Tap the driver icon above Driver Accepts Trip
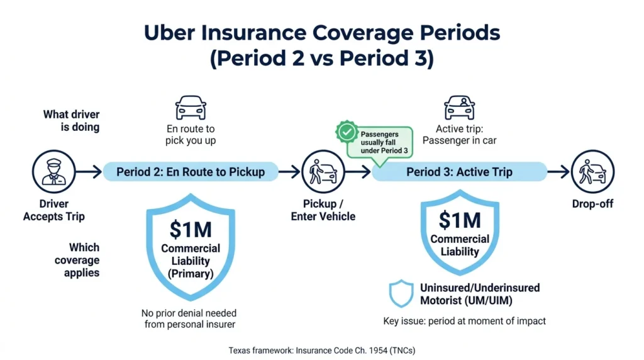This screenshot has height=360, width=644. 54,172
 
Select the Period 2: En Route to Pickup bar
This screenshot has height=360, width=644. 191,172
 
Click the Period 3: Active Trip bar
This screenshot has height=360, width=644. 459,172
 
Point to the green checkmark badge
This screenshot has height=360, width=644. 347,132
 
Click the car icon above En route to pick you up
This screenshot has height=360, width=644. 191,108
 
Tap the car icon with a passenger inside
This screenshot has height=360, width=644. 460,108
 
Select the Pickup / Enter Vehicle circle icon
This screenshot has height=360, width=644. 323,172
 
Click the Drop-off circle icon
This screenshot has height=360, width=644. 592,172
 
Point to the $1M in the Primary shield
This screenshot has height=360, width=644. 191,229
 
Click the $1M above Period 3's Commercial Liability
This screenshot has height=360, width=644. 460,220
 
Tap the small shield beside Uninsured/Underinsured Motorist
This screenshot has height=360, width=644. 401,293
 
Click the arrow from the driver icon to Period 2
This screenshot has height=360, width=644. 89,172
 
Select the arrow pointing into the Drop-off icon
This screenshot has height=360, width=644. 558,172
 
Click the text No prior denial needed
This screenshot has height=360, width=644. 189,313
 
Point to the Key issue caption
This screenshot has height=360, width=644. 465,321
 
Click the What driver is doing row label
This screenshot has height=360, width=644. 72,121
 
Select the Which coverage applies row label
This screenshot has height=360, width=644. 77,260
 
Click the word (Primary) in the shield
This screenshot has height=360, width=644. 191,274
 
